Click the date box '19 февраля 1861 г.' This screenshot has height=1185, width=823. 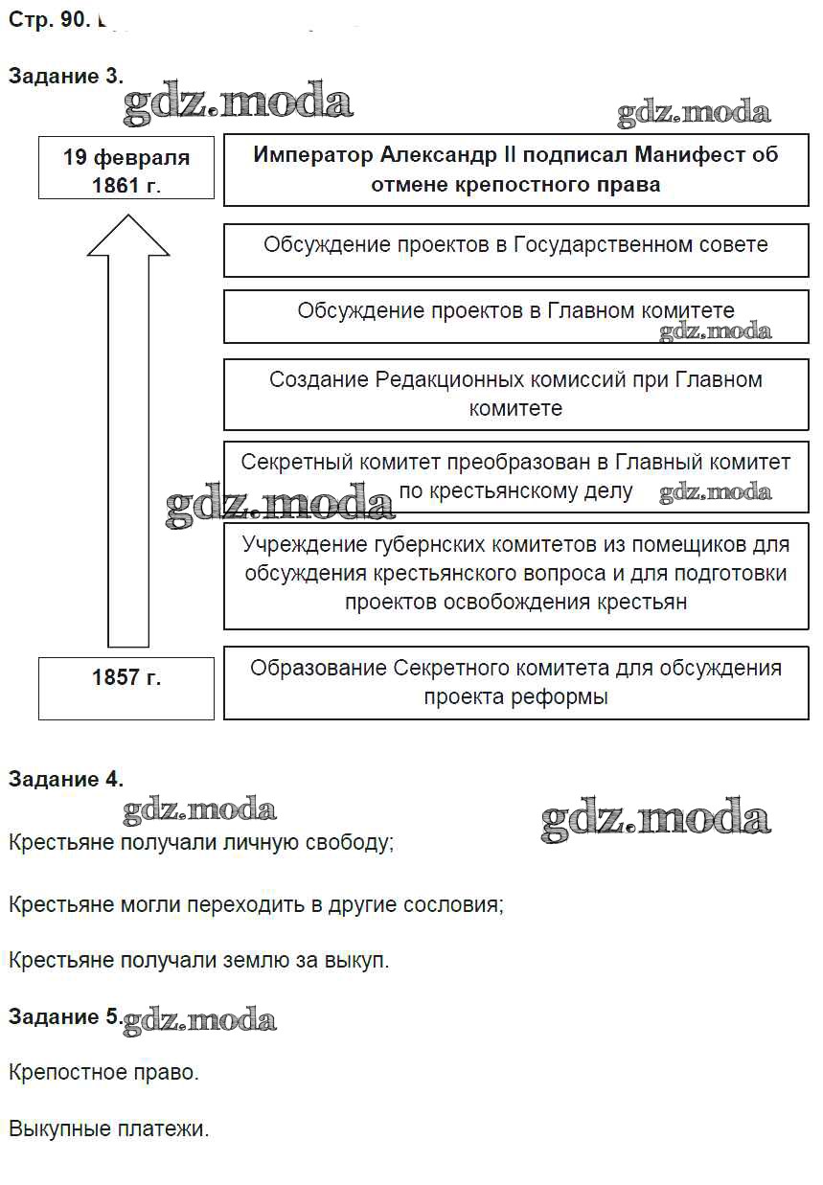click(x=126, y=170)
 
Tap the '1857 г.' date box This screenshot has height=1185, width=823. click(x=126, y=687)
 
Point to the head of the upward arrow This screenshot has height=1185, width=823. click(x=128, y=236)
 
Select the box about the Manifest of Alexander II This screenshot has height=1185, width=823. click(x=515, y=170)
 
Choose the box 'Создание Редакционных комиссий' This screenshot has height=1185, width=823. click(x=515, y=394)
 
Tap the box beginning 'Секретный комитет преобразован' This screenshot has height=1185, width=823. click(x=515, y=476)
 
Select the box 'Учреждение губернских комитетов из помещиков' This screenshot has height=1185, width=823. click(x=515, y=574)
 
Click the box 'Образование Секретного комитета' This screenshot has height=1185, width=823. click(x=515, y=682)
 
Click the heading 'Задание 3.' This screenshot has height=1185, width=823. click(x=65, y=78)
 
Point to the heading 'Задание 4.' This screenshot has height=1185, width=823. click(x=65, y=780)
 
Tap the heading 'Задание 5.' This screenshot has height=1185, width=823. click(x=65, y=1016)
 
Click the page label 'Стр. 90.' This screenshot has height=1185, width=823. click(x=48, y=20)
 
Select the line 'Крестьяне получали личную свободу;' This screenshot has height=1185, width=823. click(x=201, y=843)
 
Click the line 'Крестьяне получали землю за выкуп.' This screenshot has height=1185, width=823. click(x=199, y=960)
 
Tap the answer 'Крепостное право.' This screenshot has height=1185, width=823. click(x=103, y=1072)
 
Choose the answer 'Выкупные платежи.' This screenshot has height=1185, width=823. click(x=108, y=1129)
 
